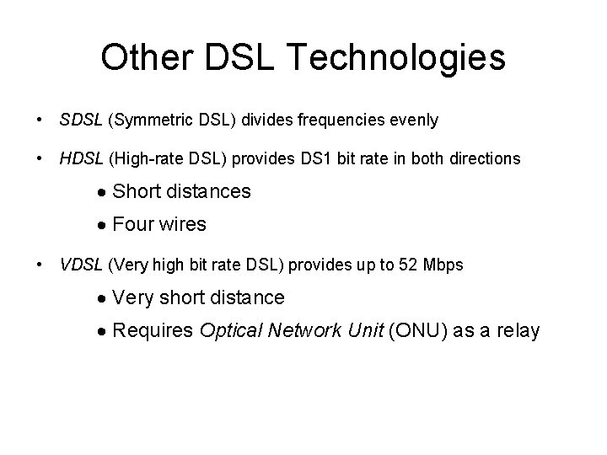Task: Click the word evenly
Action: [x=415, y=120]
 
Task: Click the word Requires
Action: [x=153, y=330]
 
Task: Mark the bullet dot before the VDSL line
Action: [x=40, y=265]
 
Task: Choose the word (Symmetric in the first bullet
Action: [x=142, y=120]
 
